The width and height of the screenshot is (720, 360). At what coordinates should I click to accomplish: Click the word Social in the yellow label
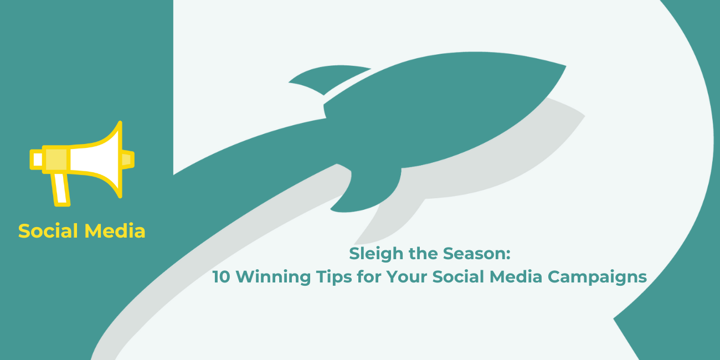pos(48,231)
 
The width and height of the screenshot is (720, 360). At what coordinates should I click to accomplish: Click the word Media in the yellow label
pos(115,231)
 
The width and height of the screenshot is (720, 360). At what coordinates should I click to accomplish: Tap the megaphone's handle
pos(61,189)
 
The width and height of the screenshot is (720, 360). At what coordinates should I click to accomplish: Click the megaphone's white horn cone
pos(95,160)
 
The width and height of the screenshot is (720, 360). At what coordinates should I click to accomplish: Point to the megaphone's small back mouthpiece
pos(37,160)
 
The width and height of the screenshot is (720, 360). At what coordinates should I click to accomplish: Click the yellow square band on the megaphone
pos(56,160)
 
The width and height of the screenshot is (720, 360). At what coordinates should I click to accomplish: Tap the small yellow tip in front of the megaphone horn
pos(128,160)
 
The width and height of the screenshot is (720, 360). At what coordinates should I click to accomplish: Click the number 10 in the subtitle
pos(222,276)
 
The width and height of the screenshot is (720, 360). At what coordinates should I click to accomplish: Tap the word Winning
pos(273,277)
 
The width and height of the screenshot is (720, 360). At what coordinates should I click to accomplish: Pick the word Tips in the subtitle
pos(334,277)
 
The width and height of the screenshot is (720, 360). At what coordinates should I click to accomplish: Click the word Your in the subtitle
pos(407,276)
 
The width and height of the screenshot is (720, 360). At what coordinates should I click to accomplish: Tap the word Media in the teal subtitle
pos(516,276)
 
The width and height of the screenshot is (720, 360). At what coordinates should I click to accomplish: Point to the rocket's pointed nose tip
pos(565,66)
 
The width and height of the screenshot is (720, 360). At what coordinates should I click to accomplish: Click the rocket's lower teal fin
pos(369,189)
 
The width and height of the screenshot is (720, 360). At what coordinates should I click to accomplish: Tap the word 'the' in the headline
pos(423,253)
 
